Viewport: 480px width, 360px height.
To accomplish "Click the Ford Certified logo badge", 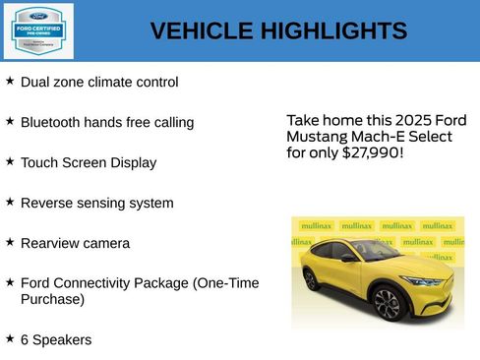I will pyautogui.click(x=37, y=30).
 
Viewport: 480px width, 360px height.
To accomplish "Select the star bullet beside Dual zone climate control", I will pyautogui.click(x=10, y=81).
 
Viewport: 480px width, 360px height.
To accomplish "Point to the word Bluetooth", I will pyautogui.click(x=53, y=123).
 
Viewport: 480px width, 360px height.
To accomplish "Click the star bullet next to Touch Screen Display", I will pyautogui.click(x=10, y=160).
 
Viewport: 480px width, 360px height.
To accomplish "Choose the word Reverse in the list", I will pyautogui.click(x=47, y=204).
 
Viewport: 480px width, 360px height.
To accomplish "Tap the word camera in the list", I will pyautogui.click(x=103, y=243).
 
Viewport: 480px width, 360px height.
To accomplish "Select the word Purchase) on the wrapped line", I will pyautogui.click(x=52, y=299).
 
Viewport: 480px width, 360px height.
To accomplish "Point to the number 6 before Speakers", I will pyautogui.click(x=25, y=339).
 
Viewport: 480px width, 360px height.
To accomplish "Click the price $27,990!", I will pyautogui.click(x=372, y=153).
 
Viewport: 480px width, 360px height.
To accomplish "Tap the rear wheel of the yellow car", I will pyautogui.click(x=311, y=279).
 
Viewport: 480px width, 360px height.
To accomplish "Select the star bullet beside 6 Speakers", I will pyautogui.click(x=10, y=337).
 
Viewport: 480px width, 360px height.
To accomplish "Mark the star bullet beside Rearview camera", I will pyautogui.click(x=10, y=241).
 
